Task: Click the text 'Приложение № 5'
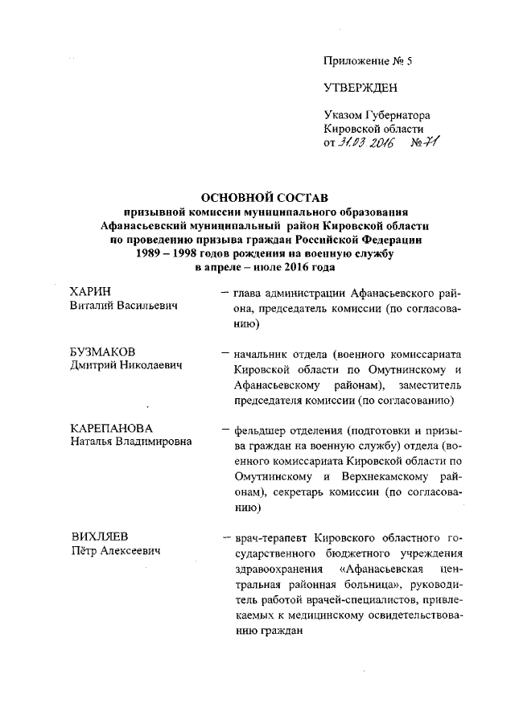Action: click(360, 60)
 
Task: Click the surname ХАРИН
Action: click(91, 291)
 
